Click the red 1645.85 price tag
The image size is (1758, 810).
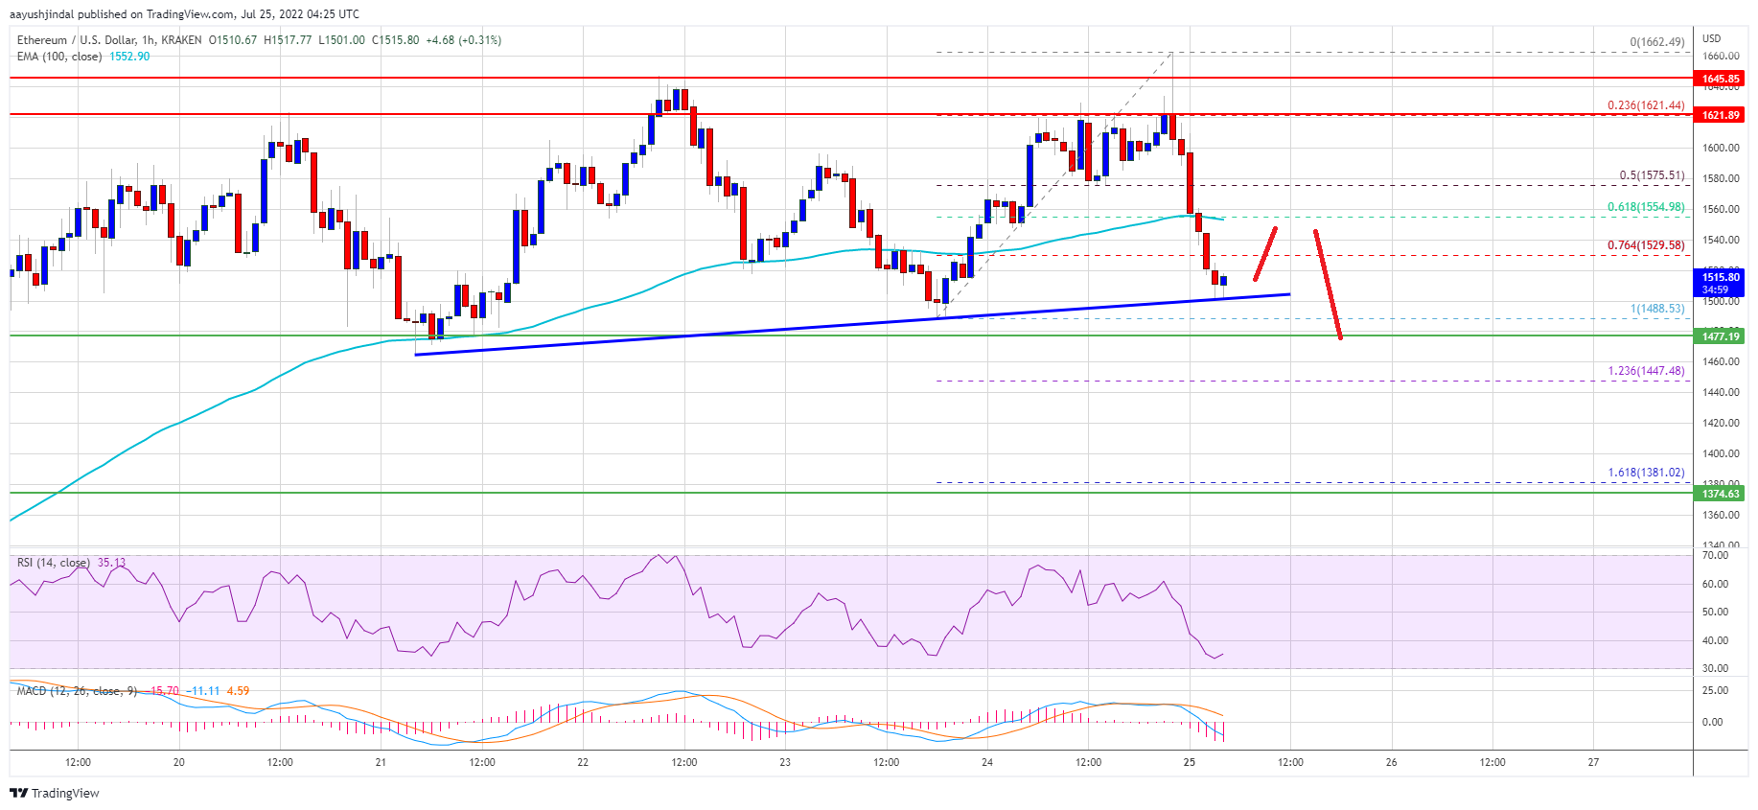1720,79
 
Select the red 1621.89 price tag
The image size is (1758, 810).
1720,115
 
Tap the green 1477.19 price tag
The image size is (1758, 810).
1720,336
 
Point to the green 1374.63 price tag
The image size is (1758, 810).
1720,494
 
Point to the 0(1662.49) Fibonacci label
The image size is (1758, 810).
1656,42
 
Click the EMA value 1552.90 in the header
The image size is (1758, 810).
129,57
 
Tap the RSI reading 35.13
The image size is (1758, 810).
111,563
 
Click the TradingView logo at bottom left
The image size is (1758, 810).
55,794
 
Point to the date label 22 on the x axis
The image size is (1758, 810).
583,763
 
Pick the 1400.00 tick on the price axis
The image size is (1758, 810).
1720,453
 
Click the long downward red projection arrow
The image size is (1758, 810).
1328,285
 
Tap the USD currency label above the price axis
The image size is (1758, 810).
1711,38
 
